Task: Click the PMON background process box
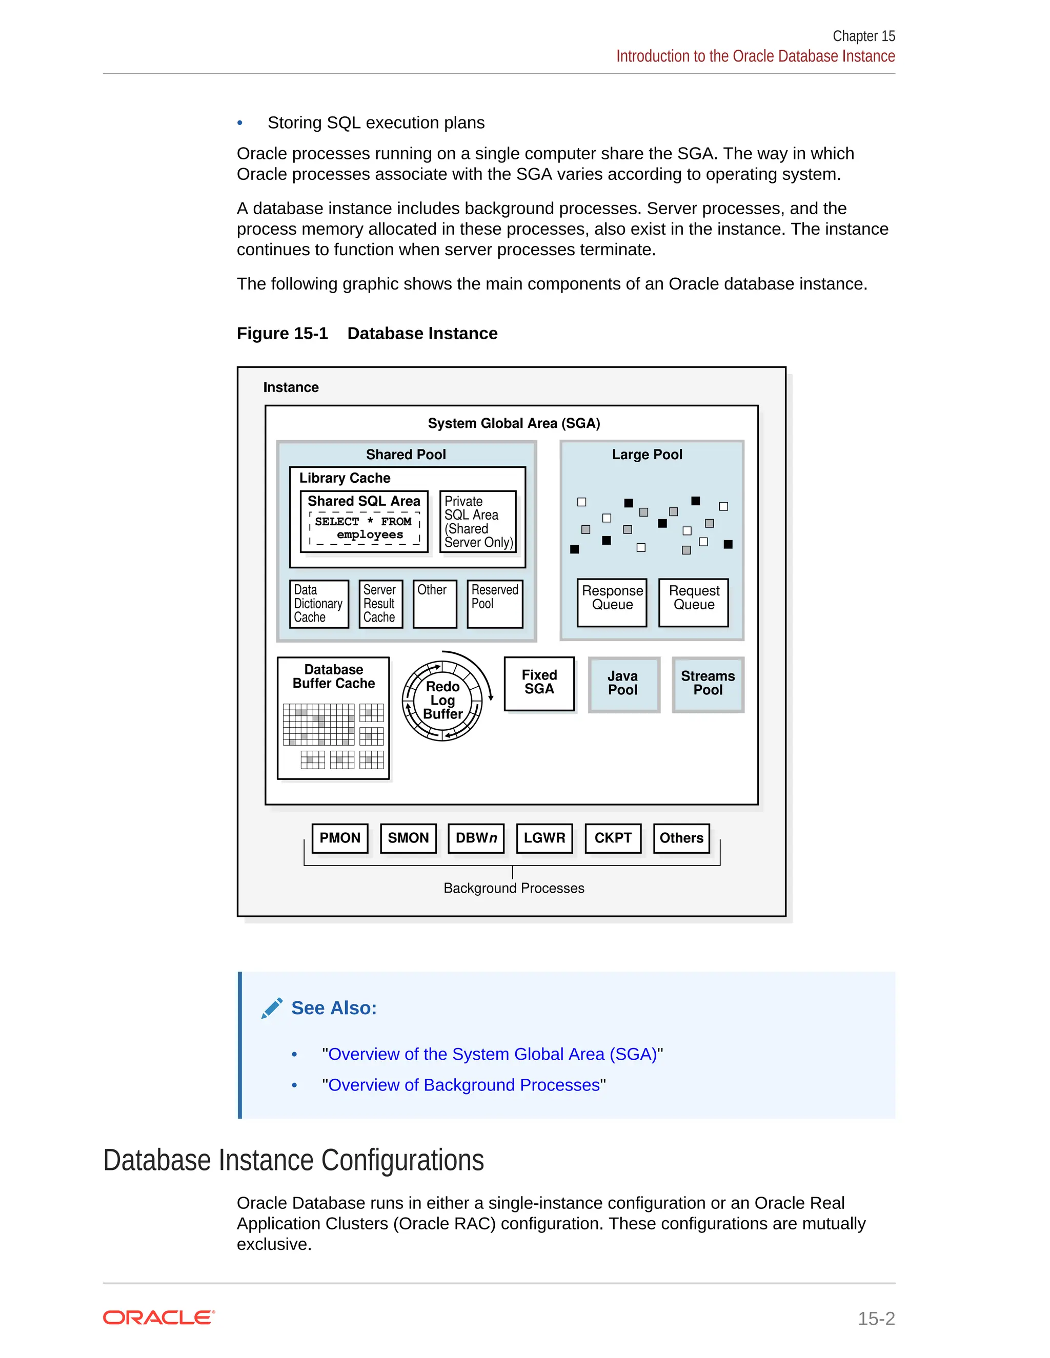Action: (339, 838)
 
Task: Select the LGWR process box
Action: (544, 838)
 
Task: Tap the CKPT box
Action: (613, 838)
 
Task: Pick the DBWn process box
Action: (476, 838)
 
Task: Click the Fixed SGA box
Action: (539, 683)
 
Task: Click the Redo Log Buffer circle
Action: (442, 701)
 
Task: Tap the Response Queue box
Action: (612, 602)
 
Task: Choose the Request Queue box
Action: (694, 602)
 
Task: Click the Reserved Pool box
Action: (495, 603)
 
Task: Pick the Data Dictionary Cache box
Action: (318, 603)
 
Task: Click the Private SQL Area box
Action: (478, 521)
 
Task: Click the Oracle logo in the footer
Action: (158, 1318)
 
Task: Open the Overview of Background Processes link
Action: (463, 1085)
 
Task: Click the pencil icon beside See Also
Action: (272, 1008)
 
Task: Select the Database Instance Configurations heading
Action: (294, 1160)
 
